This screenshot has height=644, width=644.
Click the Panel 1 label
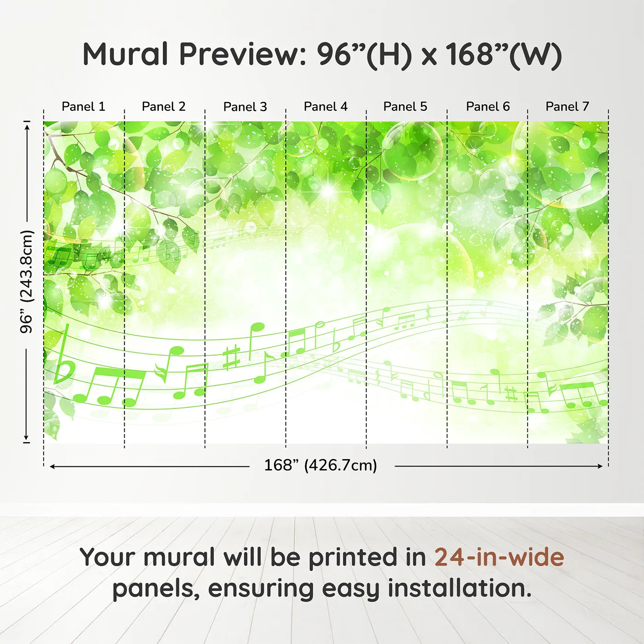(x=83, y=107)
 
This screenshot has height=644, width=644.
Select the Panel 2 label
(x=163, y=107)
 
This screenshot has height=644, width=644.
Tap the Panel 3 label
(x=245, y=107)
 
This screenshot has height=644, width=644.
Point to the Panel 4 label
(x=326, y=107)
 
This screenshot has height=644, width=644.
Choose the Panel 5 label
(x=405, y=107)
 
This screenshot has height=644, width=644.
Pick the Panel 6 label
(x=488, y=107)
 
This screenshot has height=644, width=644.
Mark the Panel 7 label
(x=567, y=107)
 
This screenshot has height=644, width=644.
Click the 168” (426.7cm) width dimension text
(x=321, y=465)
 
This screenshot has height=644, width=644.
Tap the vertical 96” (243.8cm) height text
(x=26, y=282)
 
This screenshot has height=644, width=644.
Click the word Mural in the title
(x=125, y=54)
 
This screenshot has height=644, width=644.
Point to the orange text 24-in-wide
(x=499, y=557)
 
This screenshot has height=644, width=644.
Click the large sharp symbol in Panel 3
(x=232, y=358)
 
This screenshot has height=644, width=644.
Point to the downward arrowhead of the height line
(x=26, y=437)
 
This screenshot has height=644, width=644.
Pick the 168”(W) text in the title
(x=505, y=55)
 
